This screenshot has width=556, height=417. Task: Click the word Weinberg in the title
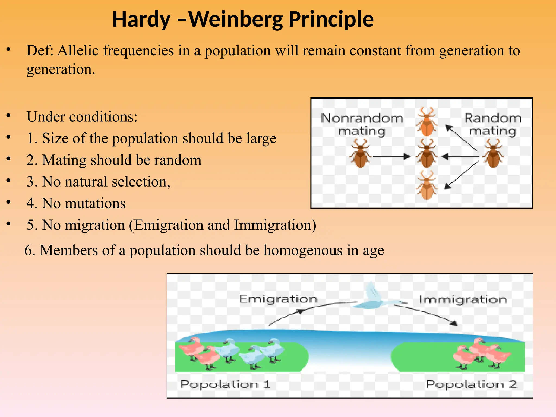[236, 20]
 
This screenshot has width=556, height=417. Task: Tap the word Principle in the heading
[331, 20]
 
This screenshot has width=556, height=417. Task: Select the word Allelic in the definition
[78, 50]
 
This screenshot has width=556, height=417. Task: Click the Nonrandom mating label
[362, 125]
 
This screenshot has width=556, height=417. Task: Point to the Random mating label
[493, 125]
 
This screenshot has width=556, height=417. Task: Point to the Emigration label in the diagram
[278, 299]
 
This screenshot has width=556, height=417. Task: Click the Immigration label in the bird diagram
[463, 300]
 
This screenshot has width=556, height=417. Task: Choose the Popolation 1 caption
[225, 384]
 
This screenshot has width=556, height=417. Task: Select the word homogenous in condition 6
[303, 250]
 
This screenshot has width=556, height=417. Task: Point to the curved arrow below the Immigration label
[426, 314]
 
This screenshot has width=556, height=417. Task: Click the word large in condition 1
[261, 138]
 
